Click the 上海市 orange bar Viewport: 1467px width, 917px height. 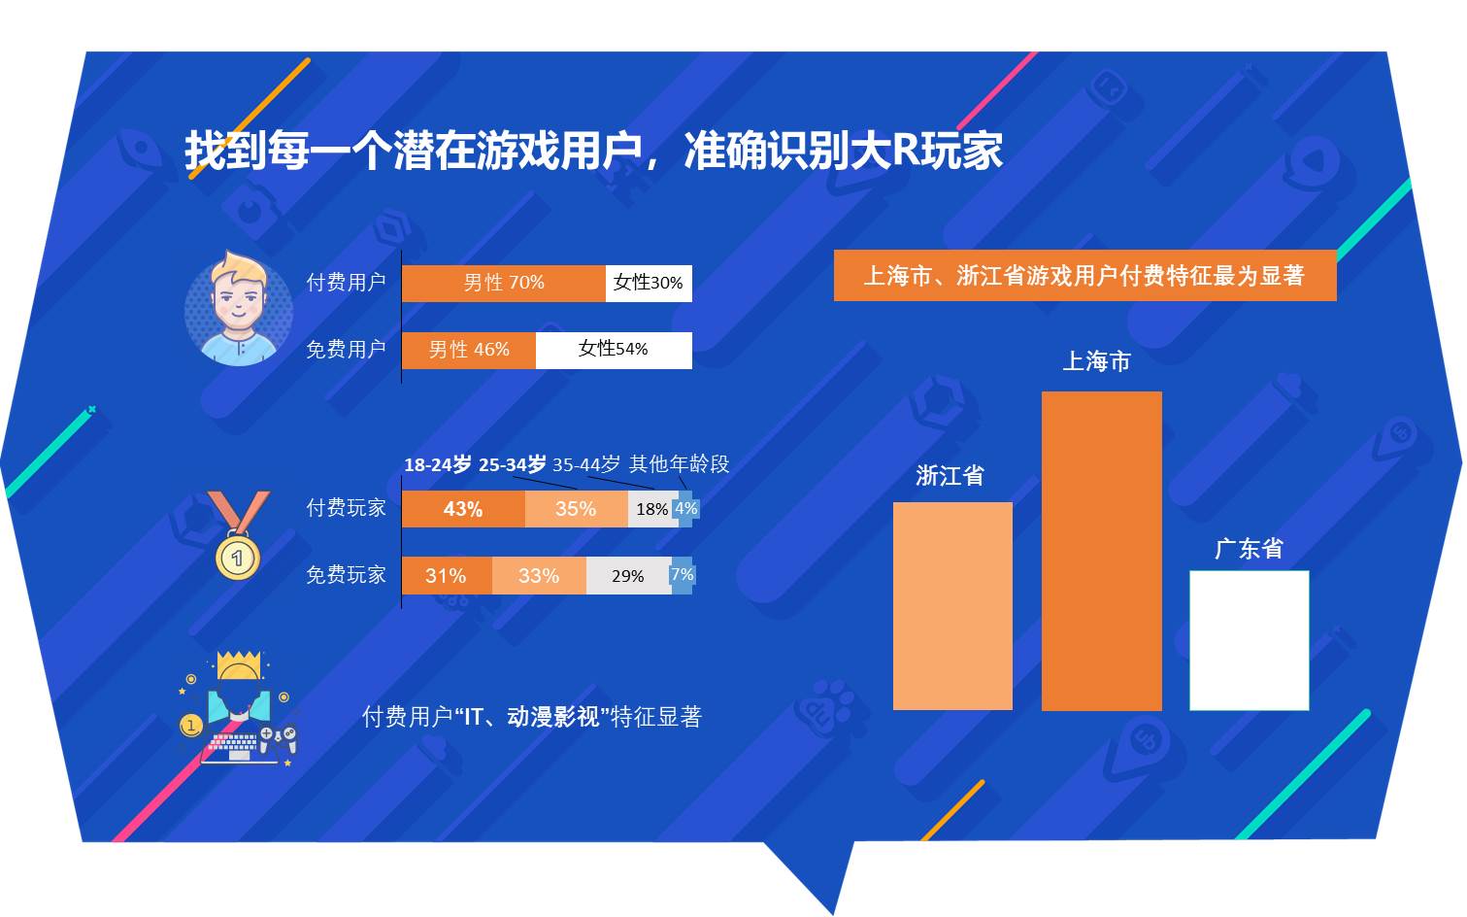[x=1101, y=550]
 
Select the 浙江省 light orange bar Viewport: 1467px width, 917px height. [x=952, y=605]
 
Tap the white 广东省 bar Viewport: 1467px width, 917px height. [x=1249, y=640]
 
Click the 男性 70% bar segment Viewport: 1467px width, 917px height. [x=503, y=283]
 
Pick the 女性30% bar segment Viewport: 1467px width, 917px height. [x=649, y=283]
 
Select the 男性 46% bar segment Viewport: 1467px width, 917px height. [x=468, y=350]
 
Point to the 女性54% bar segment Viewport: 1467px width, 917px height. [x=614, y=350]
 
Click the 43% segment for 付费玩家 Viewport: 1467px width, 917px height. [x=463, y=509]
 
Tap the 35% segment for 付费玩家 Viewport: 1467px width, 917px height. [x=576, y=509]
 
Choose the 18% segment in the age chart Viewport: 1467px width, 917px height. [x=651, y=509]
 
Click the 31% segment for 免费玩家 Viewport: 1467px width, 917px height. [x=447, y=575]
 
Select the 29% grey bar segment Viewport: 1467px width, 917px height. [x=628, y=575]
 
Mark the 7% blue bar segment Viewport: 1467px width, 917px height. [x=682, y=575]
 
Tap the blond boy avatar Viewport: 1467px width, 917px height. [x=238, y=309]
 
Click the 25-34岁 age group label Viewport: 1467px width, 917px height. [x=512, y=464]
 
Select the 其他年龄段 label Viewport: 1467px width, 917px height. [x=679, y=464]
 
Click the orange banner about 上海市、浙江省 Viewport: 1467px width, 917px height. [x=1084, y=276]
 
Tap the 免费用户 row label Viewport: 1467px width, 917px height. [x=346, y=350]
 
